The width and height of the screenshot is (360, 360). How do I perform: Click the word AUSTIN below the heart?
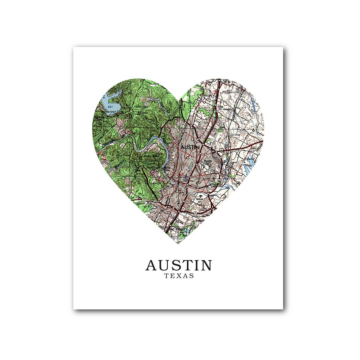coord(179,265)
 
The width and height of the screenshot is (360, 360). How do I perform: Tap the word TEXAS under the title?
coord(179,276)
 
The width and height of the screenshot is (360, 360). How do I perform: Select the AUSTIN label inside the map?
coord(190,147)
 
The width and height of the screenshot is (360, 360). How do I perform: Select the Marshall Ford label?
coord(114,112)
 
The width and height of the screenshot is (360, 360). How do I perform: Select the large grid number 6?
coord(254,129)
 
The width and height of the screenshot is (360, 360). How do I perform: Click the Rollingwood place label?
coord(155,183)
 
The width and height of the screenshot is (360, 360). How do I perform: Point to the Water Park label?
coord(208,97)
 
